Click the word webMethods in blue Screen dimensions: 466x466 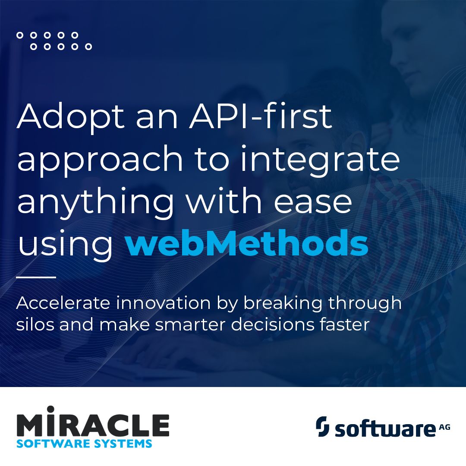tap(246, 244)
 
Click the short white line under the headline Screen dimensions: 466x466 tap(36, 277)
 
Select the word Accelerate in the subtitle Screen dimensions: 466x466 tap(63, 303)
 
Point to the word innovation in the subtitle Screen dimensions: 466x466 tap(167, 303)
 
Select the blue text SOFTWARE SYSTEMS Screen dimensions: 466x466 tap(84, 443)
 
